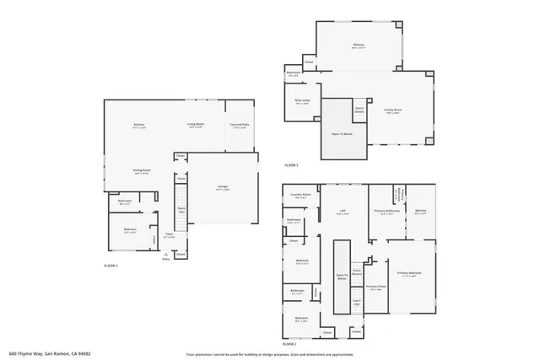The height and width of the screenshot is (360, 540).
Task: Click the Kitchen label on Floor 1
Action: tap(138, 125)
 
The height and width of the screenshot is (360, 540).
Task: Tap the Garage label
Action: tap(223, 186)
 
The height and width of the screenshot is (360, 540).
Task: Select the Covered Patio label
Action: tap(240, 125)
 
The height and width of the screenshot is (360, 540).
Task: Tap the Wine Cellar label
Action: tap(300, 100)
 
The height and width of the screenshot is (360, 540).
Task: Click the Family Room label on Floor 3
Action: tap(393, 110)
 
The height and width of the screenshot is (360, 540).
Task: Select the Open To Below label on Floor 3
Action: tap(342, 133)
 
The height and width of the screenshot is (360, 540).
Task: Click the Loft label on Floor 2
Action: tap(343, 212)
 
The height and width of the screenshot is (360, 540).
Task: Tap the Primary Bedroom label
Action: tap(409, 273)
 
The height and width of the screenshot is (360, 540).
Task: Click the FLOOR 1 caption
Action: tap(111, 266)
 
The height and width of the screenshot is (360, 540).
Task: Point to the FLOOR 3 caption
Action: tap(291, 164)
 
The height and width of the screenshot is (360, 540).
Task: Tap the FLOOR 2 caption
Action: tap(289, 344)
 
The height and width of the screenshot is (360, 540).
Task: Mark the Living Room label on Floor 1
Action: tap(196, 125)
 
